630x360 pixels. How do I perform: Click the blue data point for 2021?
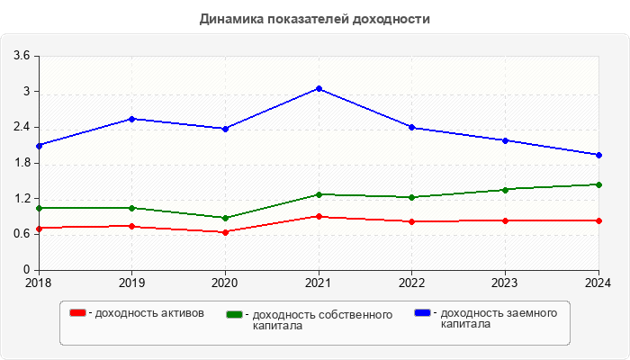(x=319, y=88)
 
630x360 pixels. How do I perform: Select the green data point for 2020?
(x=225, y=218)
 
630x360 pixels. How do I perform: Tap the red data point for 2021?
(x=319, y=216)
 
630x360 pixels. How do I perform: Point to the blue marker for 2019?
(x=132, y=119)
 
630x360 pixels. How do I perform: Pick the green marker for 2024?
(x=598, y=184)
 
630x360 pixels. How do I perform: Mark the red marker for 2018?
(x=39, y=229)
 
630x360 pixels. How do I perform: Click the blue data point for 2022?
(x=412, y=127)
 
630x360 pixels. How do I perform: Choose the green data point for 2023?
(x=505, y=190)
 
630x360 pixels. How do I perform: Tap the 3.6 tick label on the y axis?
(x=22, y=56)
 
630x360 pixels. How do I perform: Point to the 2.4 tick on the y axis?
(x=22, y=127)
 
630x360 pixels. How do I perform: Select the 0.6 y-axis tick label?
(x=22, y=234)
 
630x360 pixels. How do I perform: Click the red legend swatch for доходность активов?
(x=78, y=313)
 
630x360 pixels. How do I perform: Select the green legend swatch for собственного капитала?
(x=235, y=314)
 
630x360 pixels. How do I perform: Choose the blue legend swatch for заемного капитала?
(x=422, y=313)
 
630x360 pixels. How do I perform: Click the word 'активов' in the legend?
(x=183, y=313)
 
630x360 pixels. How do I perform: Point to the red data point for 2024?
(x=598, y=220)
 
